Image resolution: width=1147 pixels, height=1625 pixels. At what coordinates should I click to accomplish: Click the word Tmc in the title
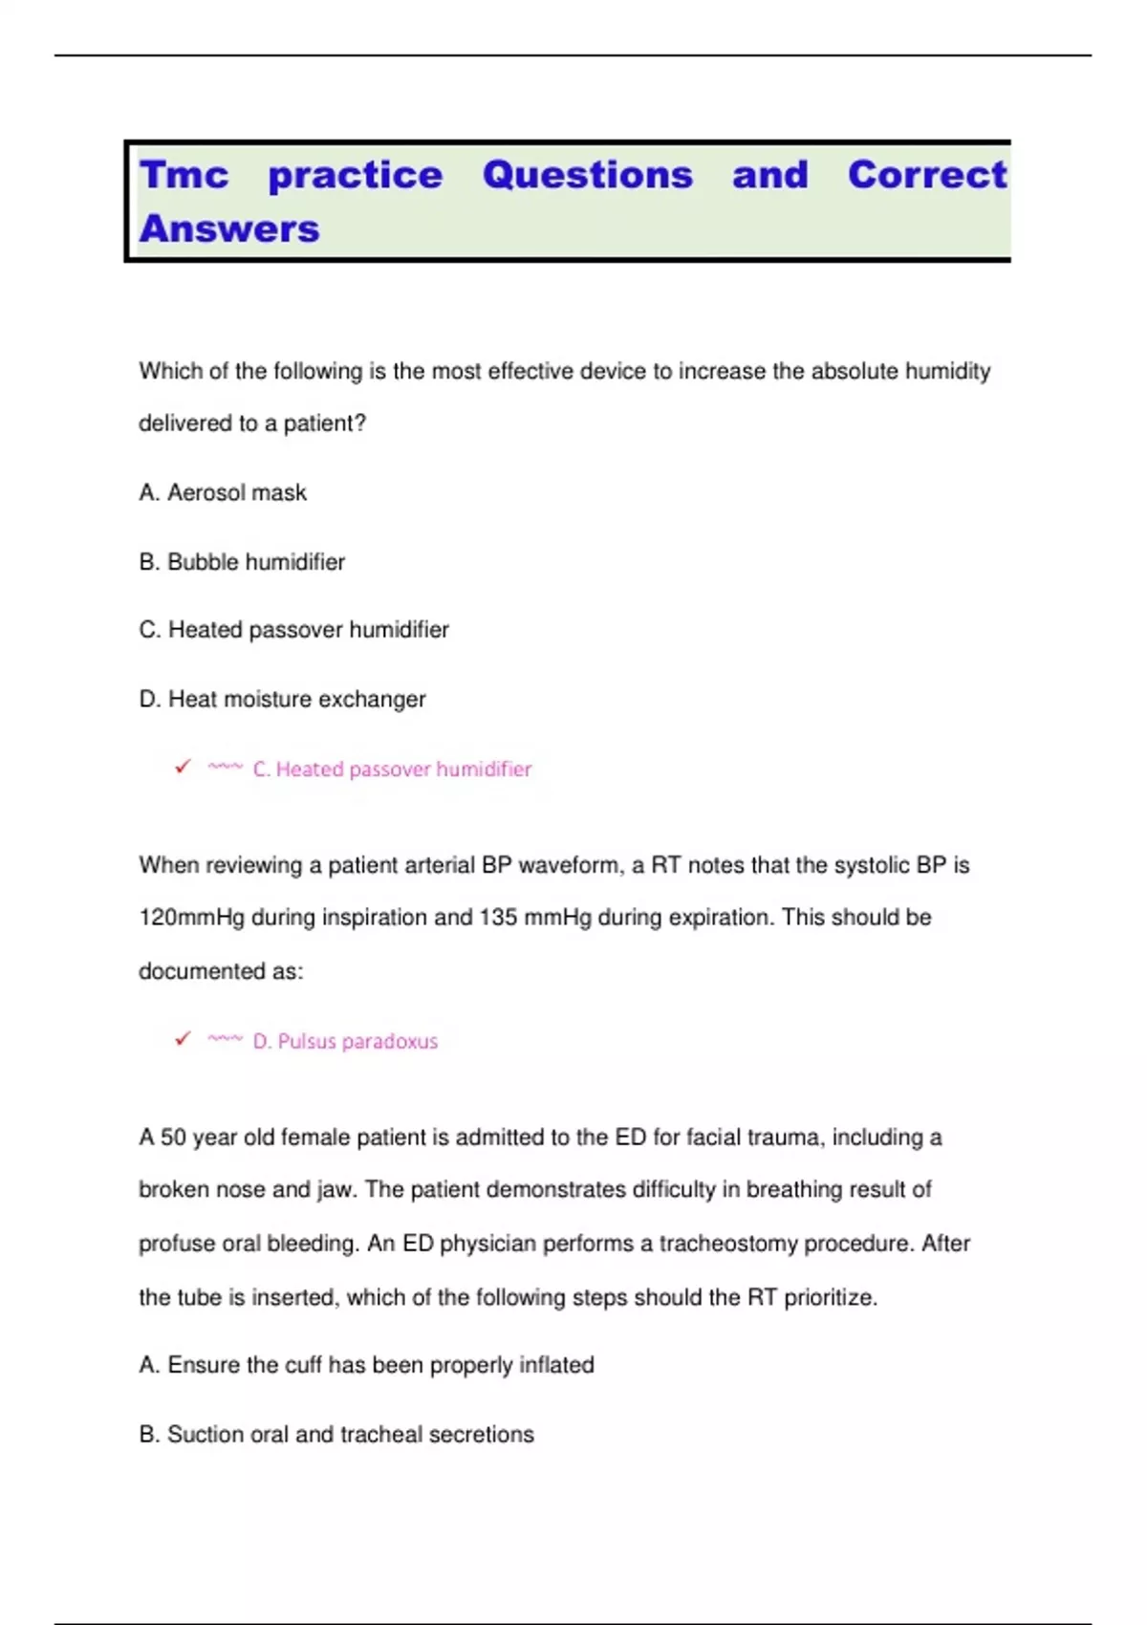click(184, 175)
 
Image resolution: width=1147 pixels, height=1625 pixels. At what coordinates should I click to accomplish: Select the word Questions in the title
click(587, 175)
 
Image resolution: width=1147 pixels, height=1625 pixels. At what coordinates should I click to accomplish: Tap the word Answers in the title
click(229, 229)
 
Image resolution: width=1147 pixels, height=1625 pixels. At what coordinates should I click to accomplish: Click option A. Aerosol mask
click(223, 492)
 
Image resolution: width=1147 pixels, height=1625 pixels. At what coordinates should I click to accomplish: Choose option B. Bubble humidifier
click(242, 562)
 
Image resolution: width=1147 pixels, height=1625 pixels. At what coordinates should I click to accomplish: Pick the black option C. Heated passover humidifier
click(293, 630)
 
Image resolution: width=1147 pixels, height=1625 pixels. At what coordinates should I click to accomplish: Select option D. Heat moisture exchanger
click(282, 700)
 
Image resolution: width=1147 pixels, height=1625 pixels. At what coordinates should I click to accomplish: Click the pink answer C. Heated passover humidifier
click(392, 769)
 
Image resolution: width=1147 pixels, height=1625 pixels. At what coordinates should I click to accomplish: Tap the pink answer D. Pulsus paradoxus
click(345, 1041)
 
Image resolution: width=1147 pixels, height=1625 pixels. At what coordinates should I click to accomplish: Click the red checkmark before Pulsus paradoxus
click(183, 1038)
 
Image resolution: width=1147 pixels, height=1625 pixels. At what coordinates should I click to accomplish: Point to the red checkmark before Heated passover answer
click(183, 767)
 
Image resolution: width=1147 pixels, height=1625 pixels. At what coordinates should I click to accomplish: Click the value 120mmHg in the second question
click(191, 918)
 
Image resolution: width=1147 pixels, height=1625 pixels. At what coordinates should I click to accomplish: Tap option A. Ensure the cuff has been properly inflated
click(366, 1365)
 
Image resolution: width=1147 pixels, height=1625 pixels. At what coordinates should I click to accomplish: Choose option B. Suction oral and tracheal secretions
click(336, 1435)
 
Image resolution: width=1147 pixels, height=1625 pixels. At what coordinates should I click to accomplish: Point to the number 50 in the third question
click(173, 1137)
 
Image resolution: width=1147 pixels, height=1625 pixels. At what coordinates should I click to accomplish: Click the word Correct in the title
click(927, 175)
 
